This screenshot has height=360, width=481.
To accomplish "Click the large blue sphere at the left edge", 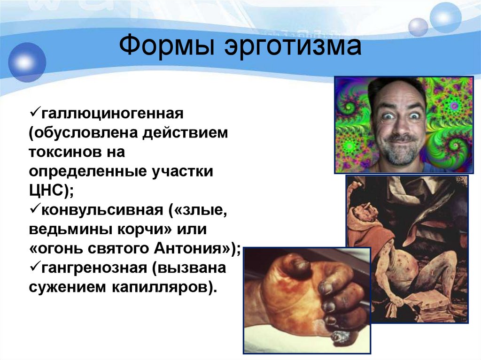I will tap(26, 62).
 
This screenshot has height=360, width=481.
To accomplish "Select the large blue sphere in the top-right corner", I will tap(445, 18).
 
